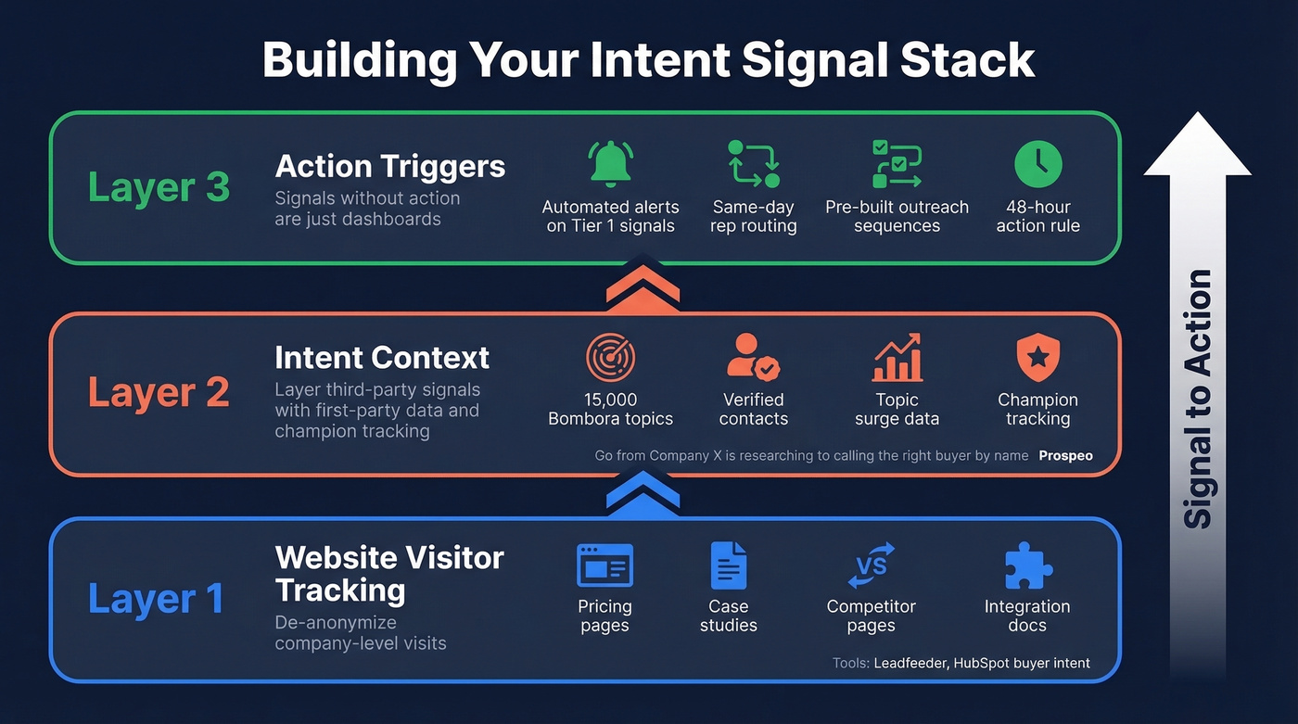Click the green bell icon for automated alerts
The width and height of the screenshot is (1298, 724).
coord(610,164)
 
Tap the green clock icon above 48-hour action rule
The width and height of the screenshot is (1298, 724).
coord(1037,164)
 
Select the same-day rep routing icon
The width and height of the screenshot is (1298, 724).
coord(754,164)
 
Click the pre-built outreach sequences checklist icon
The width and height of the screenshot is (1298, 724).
coord(897,164)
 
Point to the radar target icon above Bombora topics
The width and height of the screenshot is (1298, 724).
coord(610,358)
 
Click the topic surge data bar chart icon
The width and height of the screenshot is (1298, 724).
coord(897,358)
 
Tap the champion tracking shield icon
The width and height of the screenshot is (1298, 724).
coord(1037,358)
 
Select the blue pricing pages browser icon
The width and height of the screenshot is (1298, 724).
coord(604,565)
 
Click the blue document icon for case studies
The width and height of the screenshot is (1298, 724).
coord(728,565)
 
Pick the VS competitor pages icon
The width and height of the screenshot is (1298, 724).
coord(871,565)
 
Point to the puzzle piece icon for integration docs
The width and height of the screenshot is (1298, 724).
coord(1027,565)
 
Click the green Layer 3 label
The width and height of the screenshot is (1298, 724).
coord(159,187)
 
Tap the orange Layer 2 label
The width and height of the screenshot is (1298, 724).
coord(159,393)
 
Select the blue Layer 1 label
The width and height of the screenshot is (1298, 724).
coord(156,599)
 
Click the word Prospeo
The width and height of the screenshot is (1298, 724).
coord(1065,456)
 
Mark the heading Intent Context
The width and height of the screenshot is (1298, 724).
coord(382,358)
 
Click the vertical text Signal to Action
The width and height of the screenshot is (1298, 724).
coord(1198,399)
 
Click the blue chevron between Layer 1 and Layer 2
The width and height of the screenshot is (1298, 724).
coord(643,495)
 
